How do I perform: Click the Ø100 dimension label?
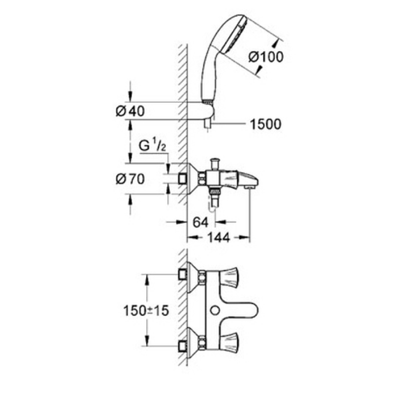[266, 57]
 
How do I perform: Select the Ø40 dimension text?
[130, 111]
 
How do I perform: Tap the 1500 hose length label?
[266, 124]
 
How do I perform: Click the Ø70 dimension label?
[130, 179]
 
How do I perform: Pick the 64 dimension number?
[201, 222]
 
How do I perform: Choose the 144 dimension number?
[219, 237]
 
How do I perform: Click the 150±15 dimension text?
[146, 311]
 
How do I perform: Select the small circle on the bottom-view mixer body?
[215, 311]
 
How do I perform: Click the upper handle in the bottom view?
[229, 277]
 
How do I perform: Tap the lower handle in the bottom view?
[229, 343]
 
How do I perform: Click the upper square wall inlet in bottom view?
[182, 275]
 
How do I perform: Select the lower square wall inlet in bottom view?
[182, 346]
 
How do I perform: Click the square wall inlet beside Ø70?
[182, 179]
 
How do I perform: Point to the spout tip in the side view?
[250, 180]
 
